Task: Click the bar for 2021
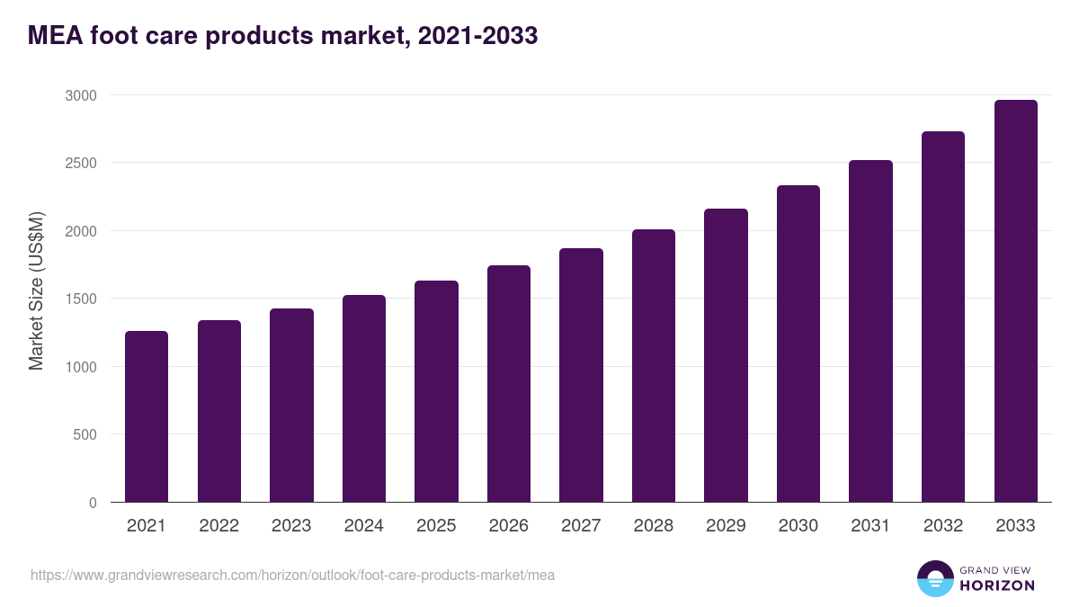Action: click(x=147, y=416)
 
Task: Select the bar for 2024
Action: click(x=363, y=398)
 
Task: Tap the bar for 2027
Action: click(x=581, y=375)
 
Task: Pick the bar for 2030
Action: click(x=798, y=344)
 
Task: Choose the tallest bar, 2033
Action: click(x=1015, y=301)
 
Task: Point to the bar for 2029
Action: click(x=726, y=355)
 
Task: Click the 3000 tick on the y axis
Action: click(x=81, y=95)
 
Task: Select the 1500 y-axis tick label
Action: click(x=81, y=299)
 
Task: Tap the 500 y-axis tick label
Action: click(x=85, y=434)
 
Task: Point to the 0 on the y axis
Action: click(x=93, y=503)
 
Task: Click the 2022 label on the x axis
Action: click(x=218, y=526)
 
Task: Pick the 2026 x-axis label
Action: click(x=508, y=526)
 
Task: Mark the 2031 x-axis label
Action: click(x=870, y=526)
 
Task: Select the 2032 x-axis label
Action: click(x=943, y=526)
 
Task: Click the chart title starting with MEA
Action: click(x=282, y=36)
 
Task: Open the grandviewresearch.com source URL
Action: click(x=292, y=575)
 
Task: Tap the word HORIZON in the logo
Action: click(x=997, y=585)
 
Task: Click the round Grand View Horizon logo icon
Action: click(x=934, y=578)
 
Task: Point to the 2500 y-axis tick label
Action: click(x=81, y=163)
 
